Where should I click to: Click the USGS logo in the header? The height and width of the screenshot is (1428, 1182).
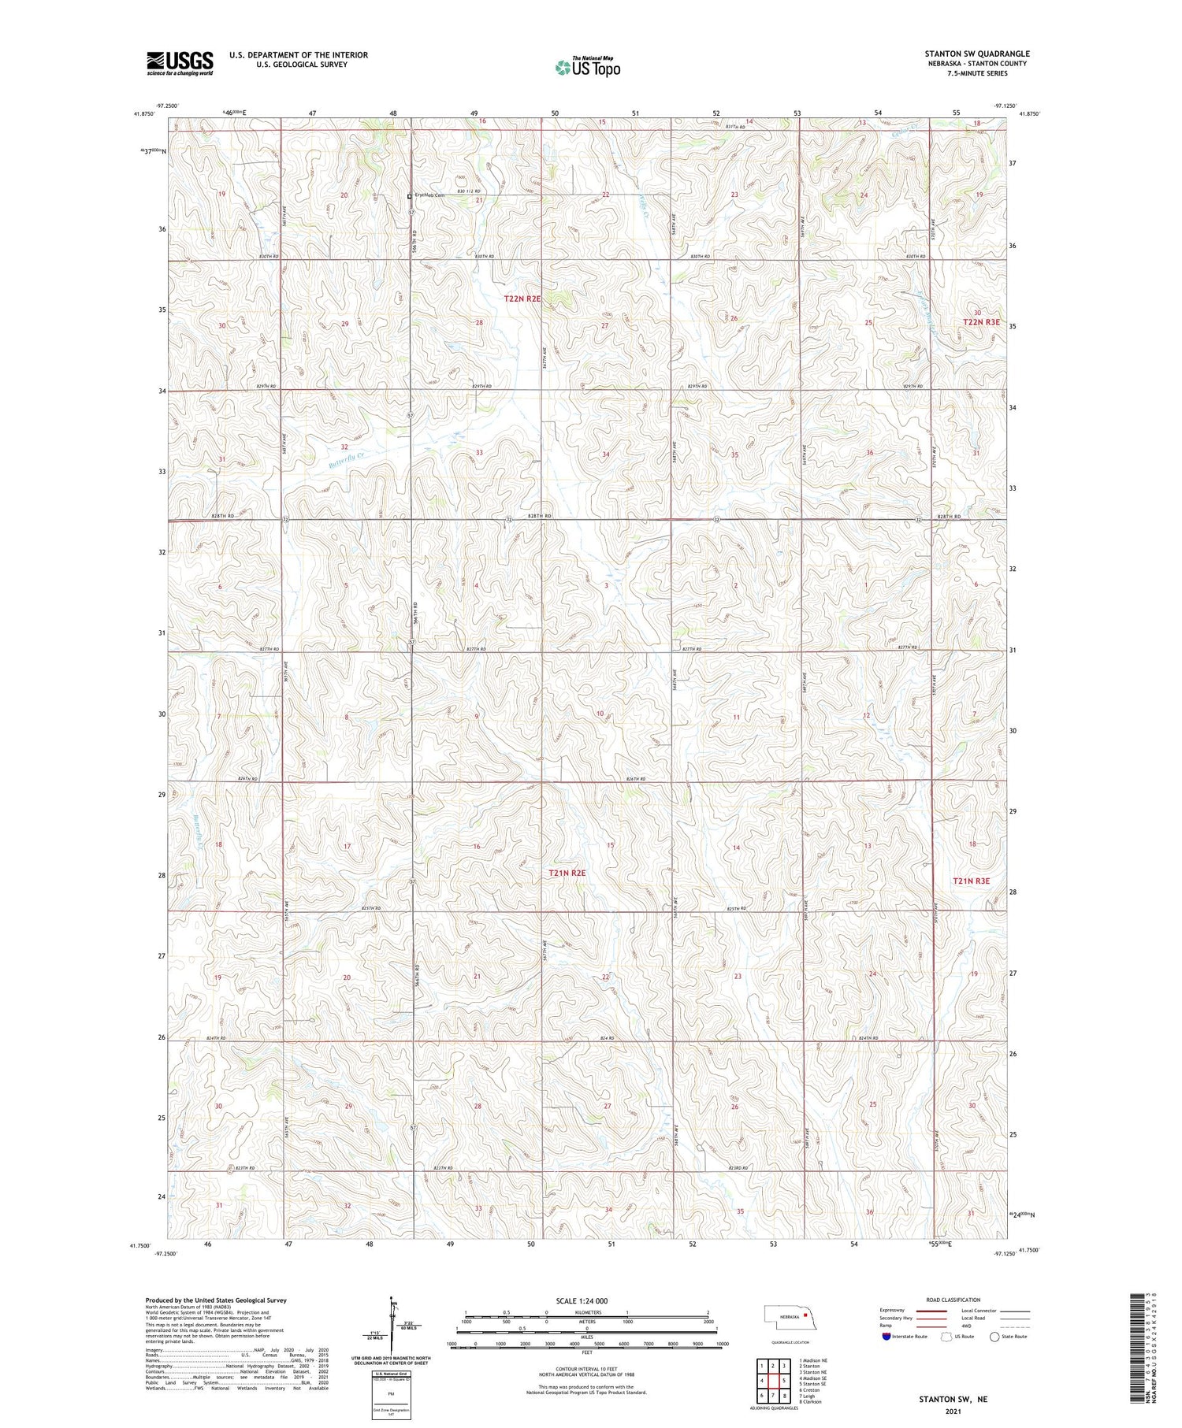180,63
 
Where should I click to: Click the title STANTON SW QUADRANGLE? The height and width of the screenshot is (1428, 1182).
976,54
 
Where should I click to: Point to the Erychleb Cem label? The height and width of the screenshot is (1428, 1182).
430,195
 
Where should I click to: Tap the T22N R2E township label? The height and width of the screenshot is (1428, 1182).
522,299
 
